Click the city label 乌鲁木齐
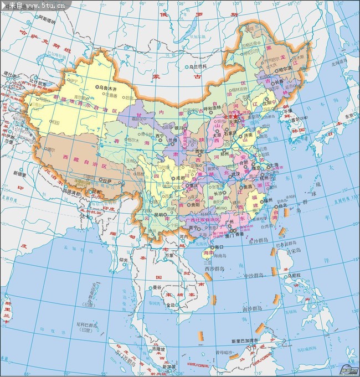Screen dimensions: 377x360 click(109, 87)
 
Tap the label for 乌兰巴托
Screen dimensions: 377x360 click(198, 66)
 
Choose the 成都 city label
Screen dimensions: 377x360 click(183, 178)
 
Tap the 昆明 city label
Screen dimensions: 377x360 click(159, 214)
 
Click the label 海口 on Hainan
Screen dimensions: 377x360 click(220, 247)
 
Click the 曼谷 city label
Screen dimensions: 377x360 click(157, 288)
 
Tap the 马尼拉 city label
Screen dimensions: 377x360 click(293, 275)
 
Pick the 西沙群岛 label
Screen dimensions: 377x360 click(214, 269)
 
